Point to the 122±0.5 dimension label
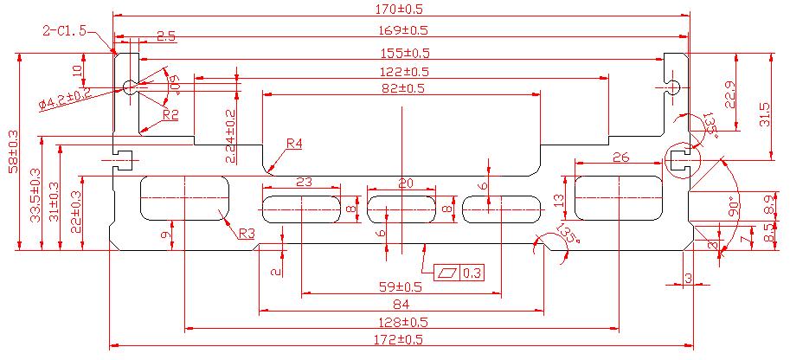(403, 71)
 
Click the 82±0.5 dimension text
(403, 87)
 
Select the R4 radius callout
(294, 144)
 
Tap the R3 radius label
(247, 234)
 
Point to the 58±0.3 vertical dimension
(13, 151)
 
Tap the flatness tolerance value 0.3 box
(472, 273)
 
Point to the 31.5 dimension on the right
(765, 113)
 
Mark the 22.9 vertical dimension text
(731, 94)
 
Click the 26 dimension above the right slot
(620, 157)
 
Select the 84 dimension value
(401, 305)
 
